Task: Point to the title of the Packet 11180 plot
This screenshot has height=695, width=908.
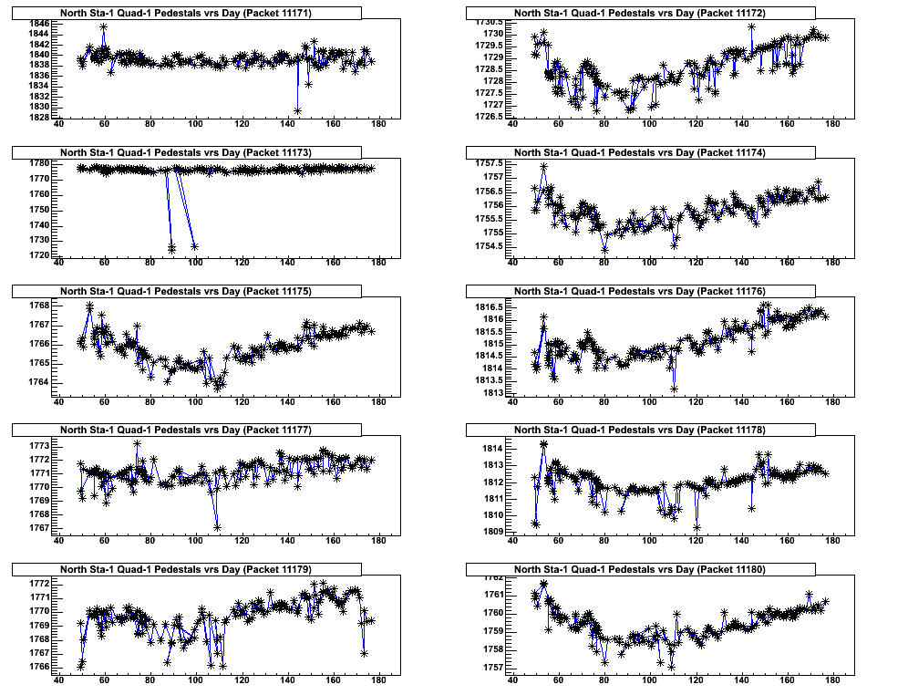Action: [639, 569]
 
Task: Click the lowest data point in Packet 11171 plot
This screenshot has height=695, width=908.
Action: [298, 110]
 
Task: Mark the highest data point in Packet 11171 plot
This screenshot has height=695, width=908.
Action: [104, 27]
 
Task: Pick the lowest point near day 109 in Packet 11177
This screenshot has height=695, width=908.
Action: [218, 527]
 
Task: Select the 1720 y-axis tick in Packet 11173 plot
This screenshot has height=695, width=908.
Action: [40, 255]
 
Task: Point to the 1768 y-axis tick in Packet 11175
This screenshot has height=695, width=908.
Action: [40, 305]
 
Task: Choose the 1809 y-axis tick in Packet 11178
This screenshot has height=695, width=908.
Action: [492, 531]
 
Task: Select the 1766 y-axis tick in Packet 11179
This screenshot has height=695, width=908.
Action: [40, 667]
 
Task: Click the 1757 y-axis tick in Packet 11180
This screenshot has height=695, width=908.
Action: [492, 667]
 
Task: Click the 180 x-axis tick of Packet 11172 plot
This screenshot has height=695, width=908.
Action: [831, 125]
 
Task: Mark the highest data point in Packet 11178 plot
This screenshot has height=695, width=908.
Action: [543, 444]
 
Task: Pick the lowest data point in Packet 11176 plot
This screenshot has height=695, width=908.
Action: [675, 389]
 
